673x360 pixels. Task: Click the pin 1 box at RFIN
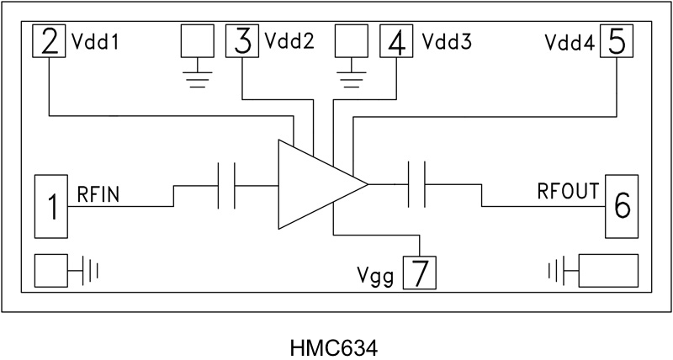click(x=51, y=206)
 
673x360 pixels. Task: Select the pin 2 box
click(x=50, y=41)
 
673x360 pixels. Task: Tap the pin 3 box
click(x=243, y=41)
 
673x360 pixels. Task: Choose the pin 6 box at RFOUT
click(x=622, y=206)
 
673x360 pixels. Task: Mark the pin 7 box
click(x=421, y=273)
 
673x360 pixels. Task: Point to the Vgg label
click(x=375, y=275)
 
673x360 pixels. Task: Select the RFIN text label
click(x=99, y=195)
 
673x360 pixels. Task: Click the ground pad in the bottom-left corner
click(x=56, y=271)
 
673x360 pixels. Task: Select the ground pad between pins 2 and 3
click(x=197, y=41)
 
